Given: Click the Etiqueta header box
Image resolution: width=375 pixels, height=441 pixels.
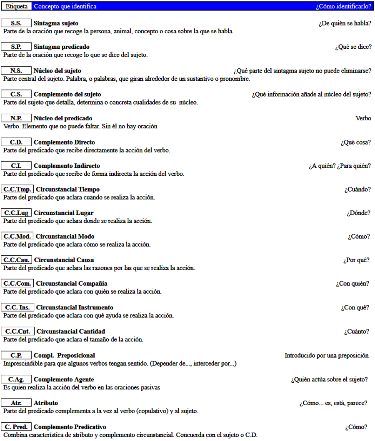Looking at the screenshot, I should [17, 6].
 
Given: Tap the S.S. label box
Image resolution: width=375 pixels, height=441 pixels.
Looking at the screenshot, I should [17, 23].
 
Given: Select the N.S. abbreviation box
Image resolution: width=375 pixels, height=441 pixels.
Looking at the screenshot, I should [17, 71].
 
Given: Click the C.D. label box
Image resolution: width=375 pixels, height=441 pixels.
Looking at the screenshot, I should [17, 142].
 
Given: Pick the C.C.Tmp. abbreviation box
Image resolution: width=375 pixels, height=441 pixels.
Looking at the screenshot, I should [17, 189].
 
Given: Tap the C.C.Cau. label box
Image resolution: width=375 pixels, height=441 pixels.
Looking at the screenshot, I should [17, 260].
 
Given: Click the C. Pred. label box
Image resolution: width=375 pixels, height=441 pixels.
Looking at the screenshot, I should [17, 427].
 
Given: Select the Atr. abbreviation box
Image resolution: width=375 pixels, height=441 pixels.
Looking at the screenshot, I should [17, 403].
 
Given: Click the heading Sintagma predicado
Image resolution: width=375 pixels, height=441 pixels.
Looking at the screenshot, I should [61, 47].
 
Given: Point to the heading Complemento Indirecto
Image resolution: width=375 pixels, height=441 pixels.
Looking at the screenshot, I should [67, 166].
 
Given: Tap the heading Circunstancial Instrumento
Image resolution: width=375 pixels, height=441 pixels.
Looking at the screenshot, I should [75, 308].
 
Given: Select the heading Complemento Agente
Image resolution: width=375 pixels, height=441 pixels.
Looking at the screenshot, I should [64, 380].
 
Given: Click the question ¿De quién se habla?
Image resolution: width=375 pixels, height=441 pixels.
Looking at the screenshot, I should [345, 23].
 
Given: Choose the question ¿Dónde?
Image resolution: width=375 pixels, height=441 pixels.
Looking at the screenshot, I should [358, 213].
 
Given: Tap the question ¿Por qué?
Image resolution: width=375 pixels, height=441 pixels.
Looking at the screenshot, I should [356, 260].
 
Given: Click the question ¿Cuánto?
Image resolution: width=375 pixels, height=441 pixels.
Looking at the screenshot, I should [356, 331].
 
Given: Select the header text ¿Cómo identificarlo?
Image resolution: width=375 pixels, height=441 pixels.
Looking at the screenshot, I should [343, 6].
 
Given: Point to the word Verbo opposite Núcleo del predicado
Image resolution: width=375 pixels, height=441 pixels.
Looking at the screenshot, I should [363, 118].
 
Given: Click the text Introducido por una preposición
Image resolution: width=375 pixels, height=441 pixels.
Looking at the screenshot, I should [326, 356].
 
